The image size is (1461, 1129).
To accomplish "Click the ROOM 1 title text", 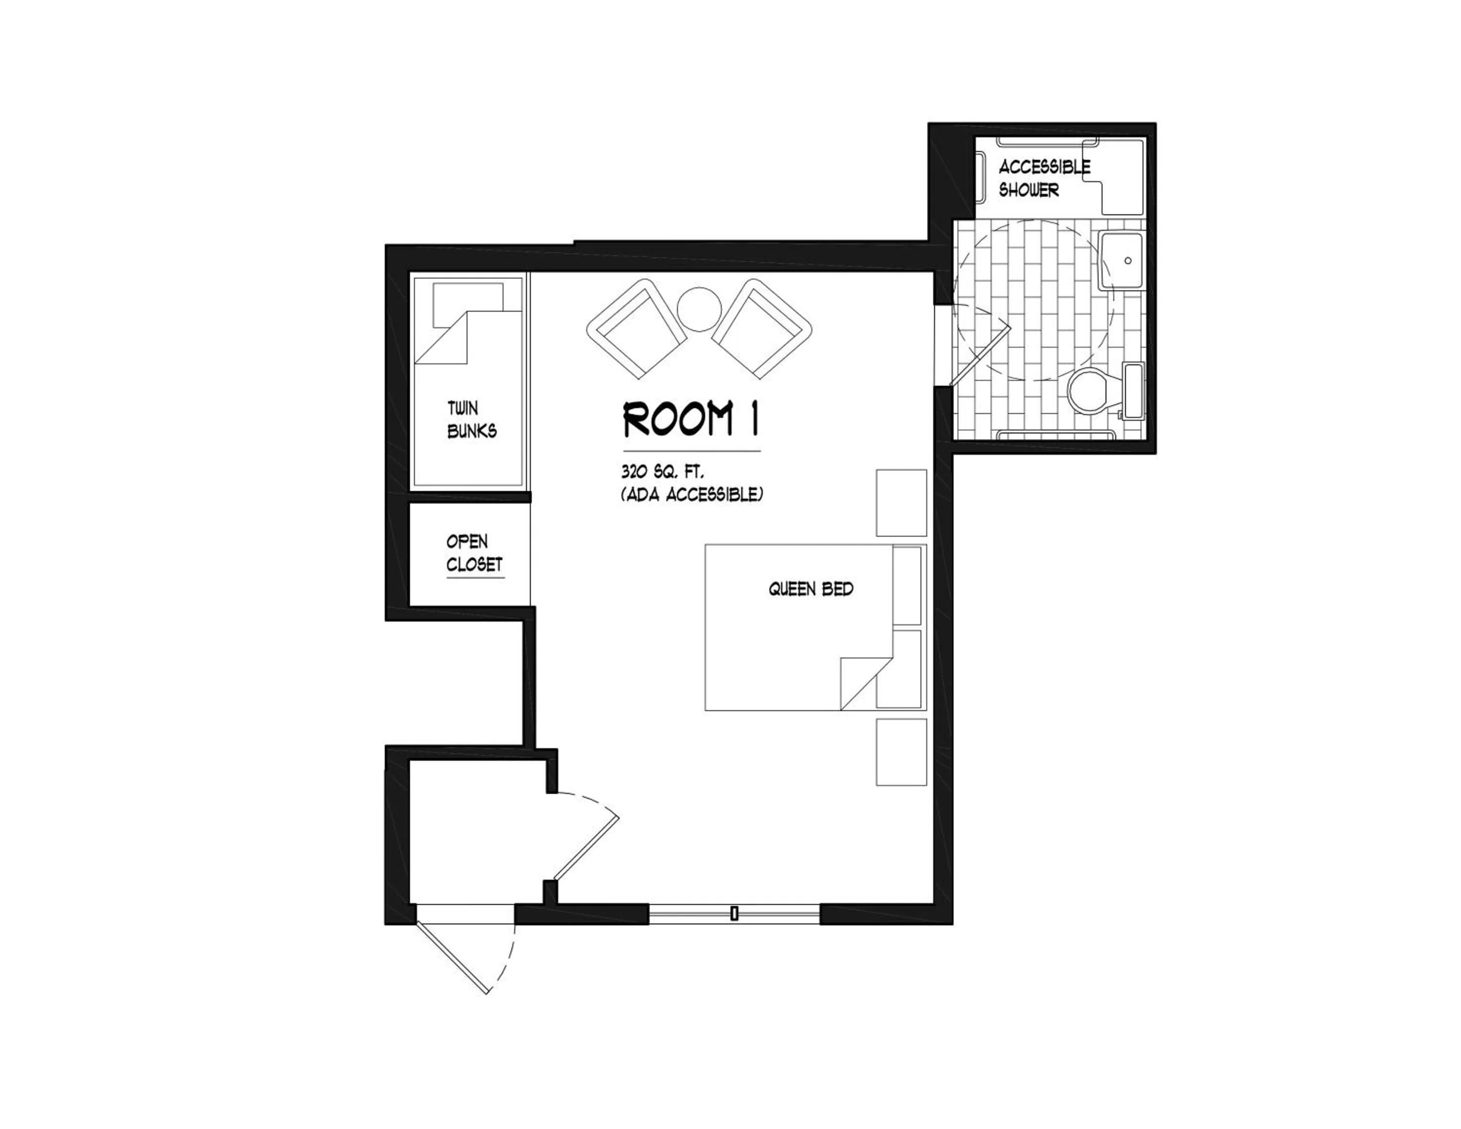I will (691, 419).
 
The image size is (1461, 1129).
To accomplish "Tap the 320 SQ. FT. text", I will (662, 472).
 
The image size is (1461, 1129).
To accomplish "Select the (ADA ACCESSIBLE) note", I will (692, 495).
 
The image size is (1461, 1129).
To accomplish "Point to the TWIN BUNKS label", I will (471, 420).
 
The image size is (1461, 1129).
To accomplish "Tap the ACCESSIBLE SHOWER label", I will (1044, 178).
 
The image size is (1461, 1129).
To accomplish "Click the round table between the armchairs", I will (699, 308).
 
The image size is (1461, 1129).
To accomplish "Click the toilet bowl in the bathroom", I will (1088, 391).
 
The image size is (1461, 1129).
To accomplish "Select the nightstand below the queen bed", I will (901, 752).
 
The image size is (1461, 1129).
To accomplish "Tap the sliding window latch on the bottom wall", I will (734, 913).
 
